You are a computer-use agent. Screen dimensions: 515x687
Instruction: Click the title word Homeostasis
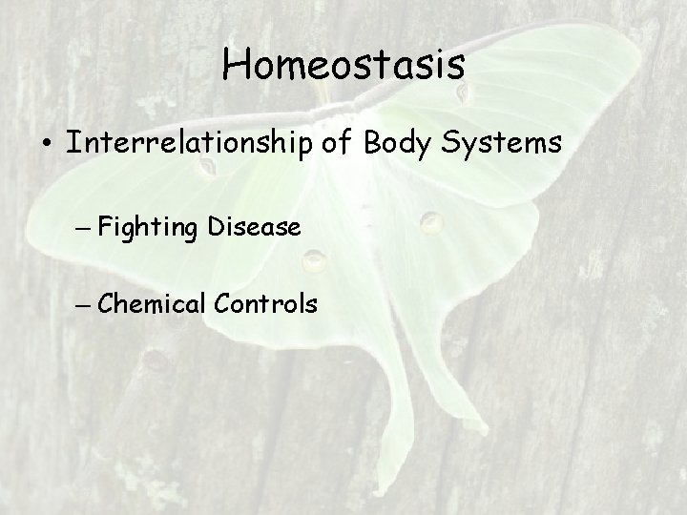click(x=343, y=66)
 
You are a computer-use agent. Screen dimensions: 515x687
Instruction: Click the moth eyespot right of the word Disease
click(x=431, y=223)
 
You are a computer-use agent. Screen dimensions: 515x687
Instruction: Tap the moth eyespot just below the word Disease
click(x=314, y=258)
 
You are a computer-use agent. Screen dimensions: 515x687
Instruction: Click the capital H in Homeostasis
click(x=235, y=66)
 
